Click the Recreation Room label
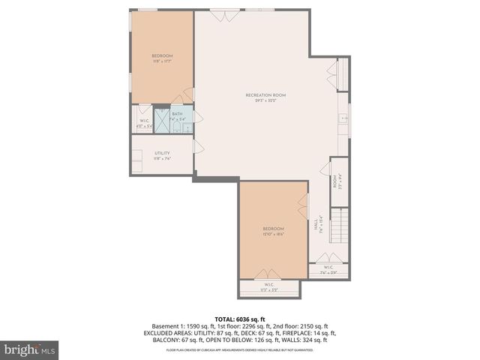(x=266, y=95)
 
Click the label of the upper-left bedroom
(x=162, y=56)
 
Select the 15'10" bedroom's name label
(x=273, y=228)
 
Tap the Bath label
(x=177, y=114)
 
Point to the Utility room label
(x=162, y=154)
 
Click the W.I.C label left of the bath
(x=144, y=121)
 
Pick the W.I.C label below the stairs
(x=328, y=268)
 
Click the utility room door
(x=193, y=148)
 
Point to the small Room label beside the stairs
(x=334, y=181)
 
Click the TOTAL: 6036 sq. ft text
(x=239, y=319)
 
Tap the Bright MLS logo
(x=30, y=349)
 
